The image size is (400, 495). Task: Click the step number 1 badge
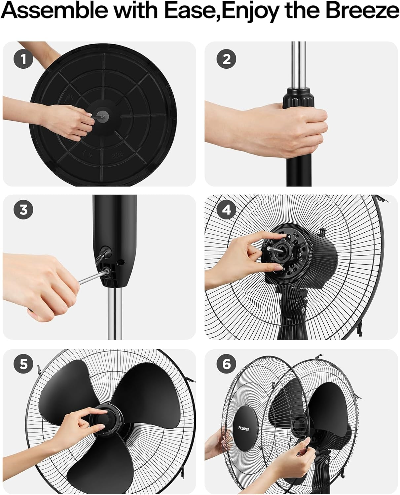coord(23,59)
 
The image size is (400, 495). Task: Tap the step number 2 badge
coord(226,59)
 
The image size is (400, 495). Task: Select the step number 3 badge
coord(23,210)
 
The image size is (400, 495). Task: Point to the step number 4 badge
coord(226,210)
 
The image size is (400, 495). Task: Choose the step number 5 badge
coord(23,364)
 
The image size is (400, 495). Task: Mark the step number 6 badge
coord(226,364)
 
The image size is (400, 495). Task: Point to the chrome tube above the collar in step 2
coord(299,63)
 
